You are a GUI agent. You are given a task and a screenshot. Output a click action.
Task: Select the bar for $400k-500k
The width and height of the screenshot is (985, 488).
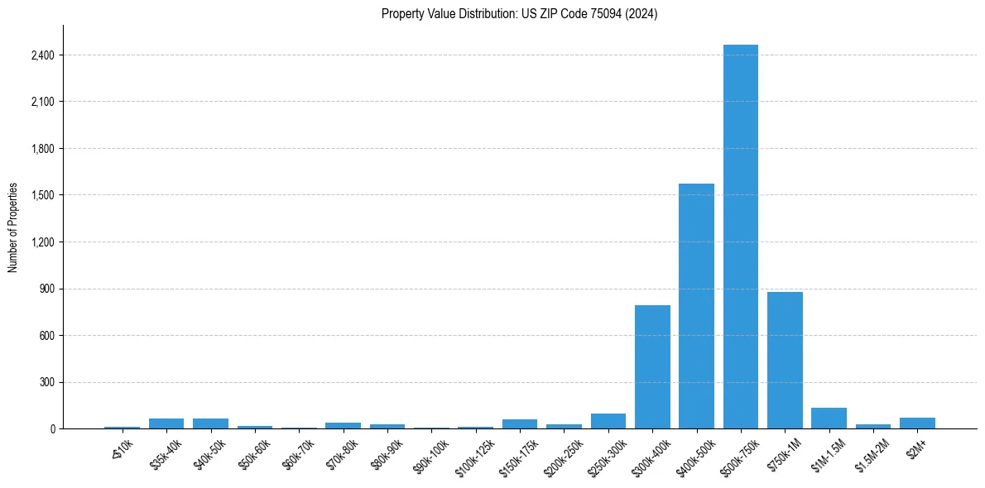(x=696, y=306)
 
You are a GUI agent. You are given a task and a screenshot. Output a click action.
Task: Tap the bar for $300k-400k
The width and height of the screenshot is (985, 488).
(x=652, y=367)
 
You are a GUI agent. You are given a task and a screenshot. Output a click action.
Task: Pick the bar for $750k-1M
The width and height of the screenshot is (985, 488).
(x=785, y=361)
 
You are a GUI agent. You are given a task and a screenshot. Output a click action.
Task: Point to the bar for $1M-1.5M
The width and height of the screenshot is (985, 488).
(x=829, y=419)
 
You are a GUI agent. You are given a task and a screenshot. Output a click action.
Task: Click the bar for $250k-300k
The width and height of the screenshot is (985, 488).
(x=608, y=421)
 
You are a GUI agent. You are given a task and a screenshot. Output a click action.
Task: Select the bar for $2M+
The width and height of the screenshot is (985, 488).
(x=917, y=423)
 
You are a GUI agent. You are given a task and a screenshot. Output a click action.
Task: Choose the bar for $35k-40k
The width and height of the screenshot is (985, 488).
(x=166, y=423)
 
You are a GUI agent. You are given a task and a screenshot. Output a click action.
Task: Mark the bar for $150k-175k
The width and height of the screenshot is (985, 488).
(x=520, y=424)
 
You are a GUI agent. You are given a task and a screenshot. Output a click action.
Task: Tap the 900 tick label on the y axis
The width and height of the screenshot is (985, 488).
(x=46, y=289)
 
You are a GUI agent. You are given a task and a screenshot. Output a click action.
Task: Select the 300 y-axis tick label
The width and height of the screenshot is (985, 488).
(x=46, y=382)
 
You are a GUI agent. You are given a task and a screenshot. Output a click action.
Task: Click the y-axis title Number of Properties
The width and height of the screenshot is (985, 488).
(x=13, y=227)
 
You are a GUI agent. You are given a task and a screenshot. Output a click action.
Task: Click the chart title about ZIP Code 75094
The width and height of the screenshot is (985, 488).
(x=519, y=13)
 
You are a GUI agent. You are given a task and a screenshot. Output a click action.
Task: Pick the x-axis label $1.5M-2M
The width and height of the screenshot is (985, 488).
(x=872, y=455)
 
